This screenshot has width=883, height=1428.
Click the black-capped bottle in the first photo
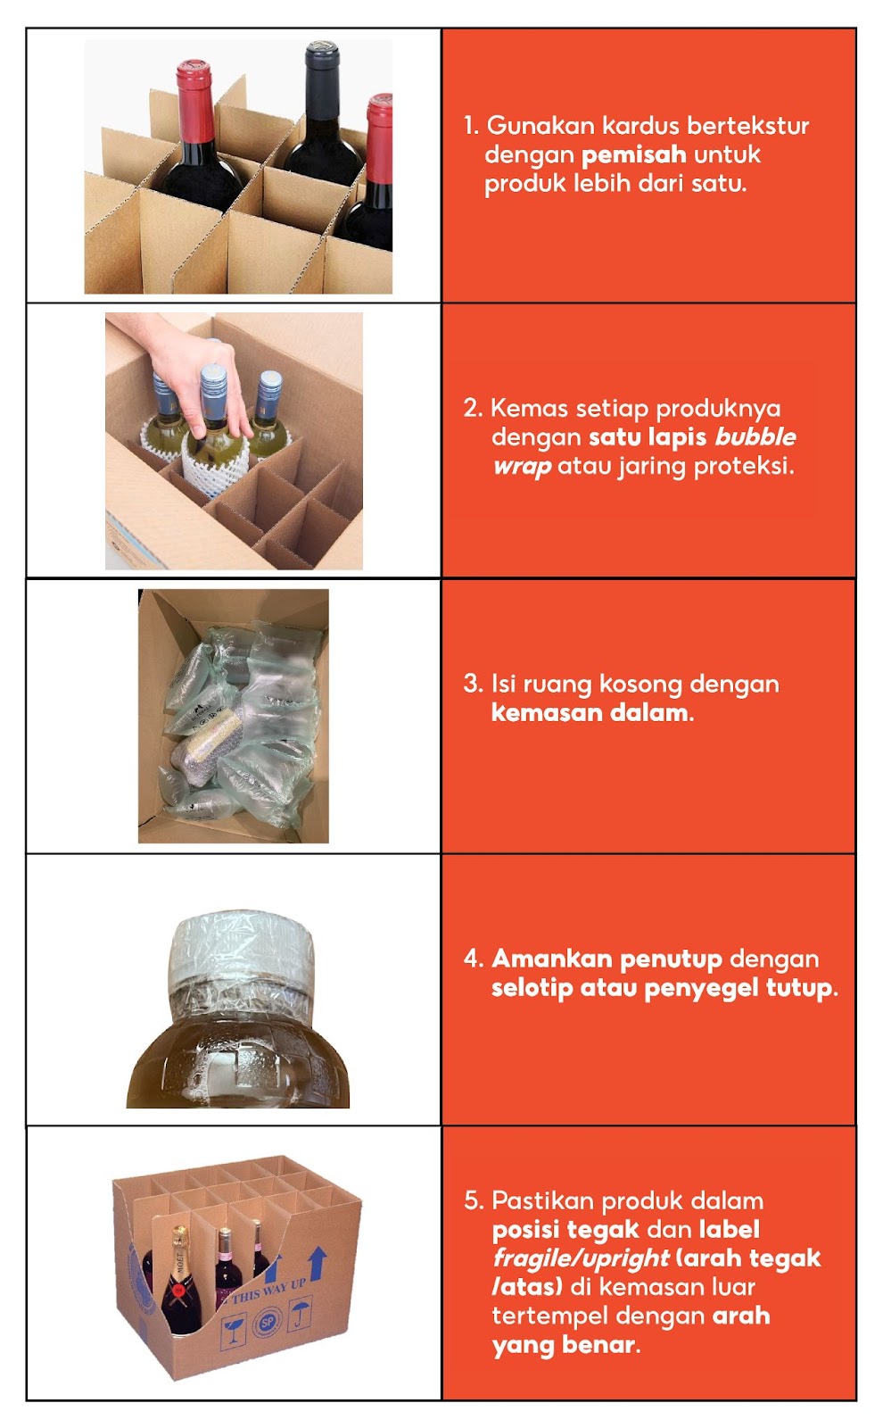(321, 116)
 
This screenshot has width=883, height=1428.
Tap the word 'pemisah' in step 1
(633, 154)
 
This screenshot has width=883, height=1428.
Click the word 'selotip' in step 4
(532, 988)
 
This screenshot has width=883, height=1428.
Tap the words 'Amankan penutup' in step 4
(607, 959)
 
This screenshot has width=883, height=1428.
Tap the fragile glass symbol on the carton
(234, 1333)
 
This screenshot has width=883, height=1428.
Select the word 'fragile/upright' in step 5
(580, 1258)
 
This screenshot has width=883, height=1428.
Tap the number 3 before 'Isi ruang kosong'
(472, 685)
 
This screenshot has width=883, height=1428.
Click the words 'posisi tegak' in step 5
(565, 1230)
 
